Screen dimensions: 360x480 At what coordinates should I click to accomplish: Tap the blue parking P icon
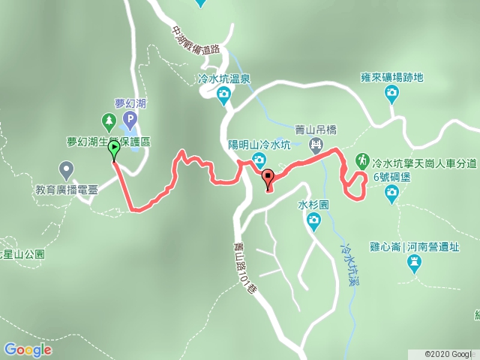tap(130, 119)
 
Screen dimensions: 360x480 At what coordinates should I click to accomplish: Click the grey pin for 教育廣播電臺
tap(66, 169)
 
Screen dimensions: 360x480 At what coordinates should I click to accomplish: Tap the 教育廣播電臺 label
tap(66, 189)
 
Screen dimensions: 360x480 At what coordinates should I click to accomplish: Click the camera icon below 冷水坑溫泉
tap(223, 94)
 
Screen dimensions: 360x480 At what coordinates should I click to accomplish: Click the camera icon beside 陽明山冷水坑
tap(259, 159)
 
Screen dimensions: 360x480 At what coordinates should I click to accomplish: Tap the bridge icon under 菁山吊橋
tap(316, 143)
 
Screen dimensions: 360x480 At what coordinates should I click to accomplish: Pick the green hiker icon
tap(361, 160)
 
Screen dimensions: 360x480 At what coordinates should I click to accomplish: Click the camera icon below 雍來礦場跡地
tap(391, 93)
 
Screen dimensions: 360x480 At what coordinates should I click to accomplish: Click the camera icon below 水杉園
tap(313, 220)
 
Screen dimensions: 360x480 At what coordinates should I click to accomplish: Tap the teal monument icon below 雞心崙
tap(413, 262)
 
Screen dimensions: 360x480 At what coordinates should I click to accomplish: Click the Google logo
tap(28, 349)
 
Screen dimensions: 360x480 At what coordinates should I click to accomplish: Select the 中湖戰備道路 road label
tap(196, 45)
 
